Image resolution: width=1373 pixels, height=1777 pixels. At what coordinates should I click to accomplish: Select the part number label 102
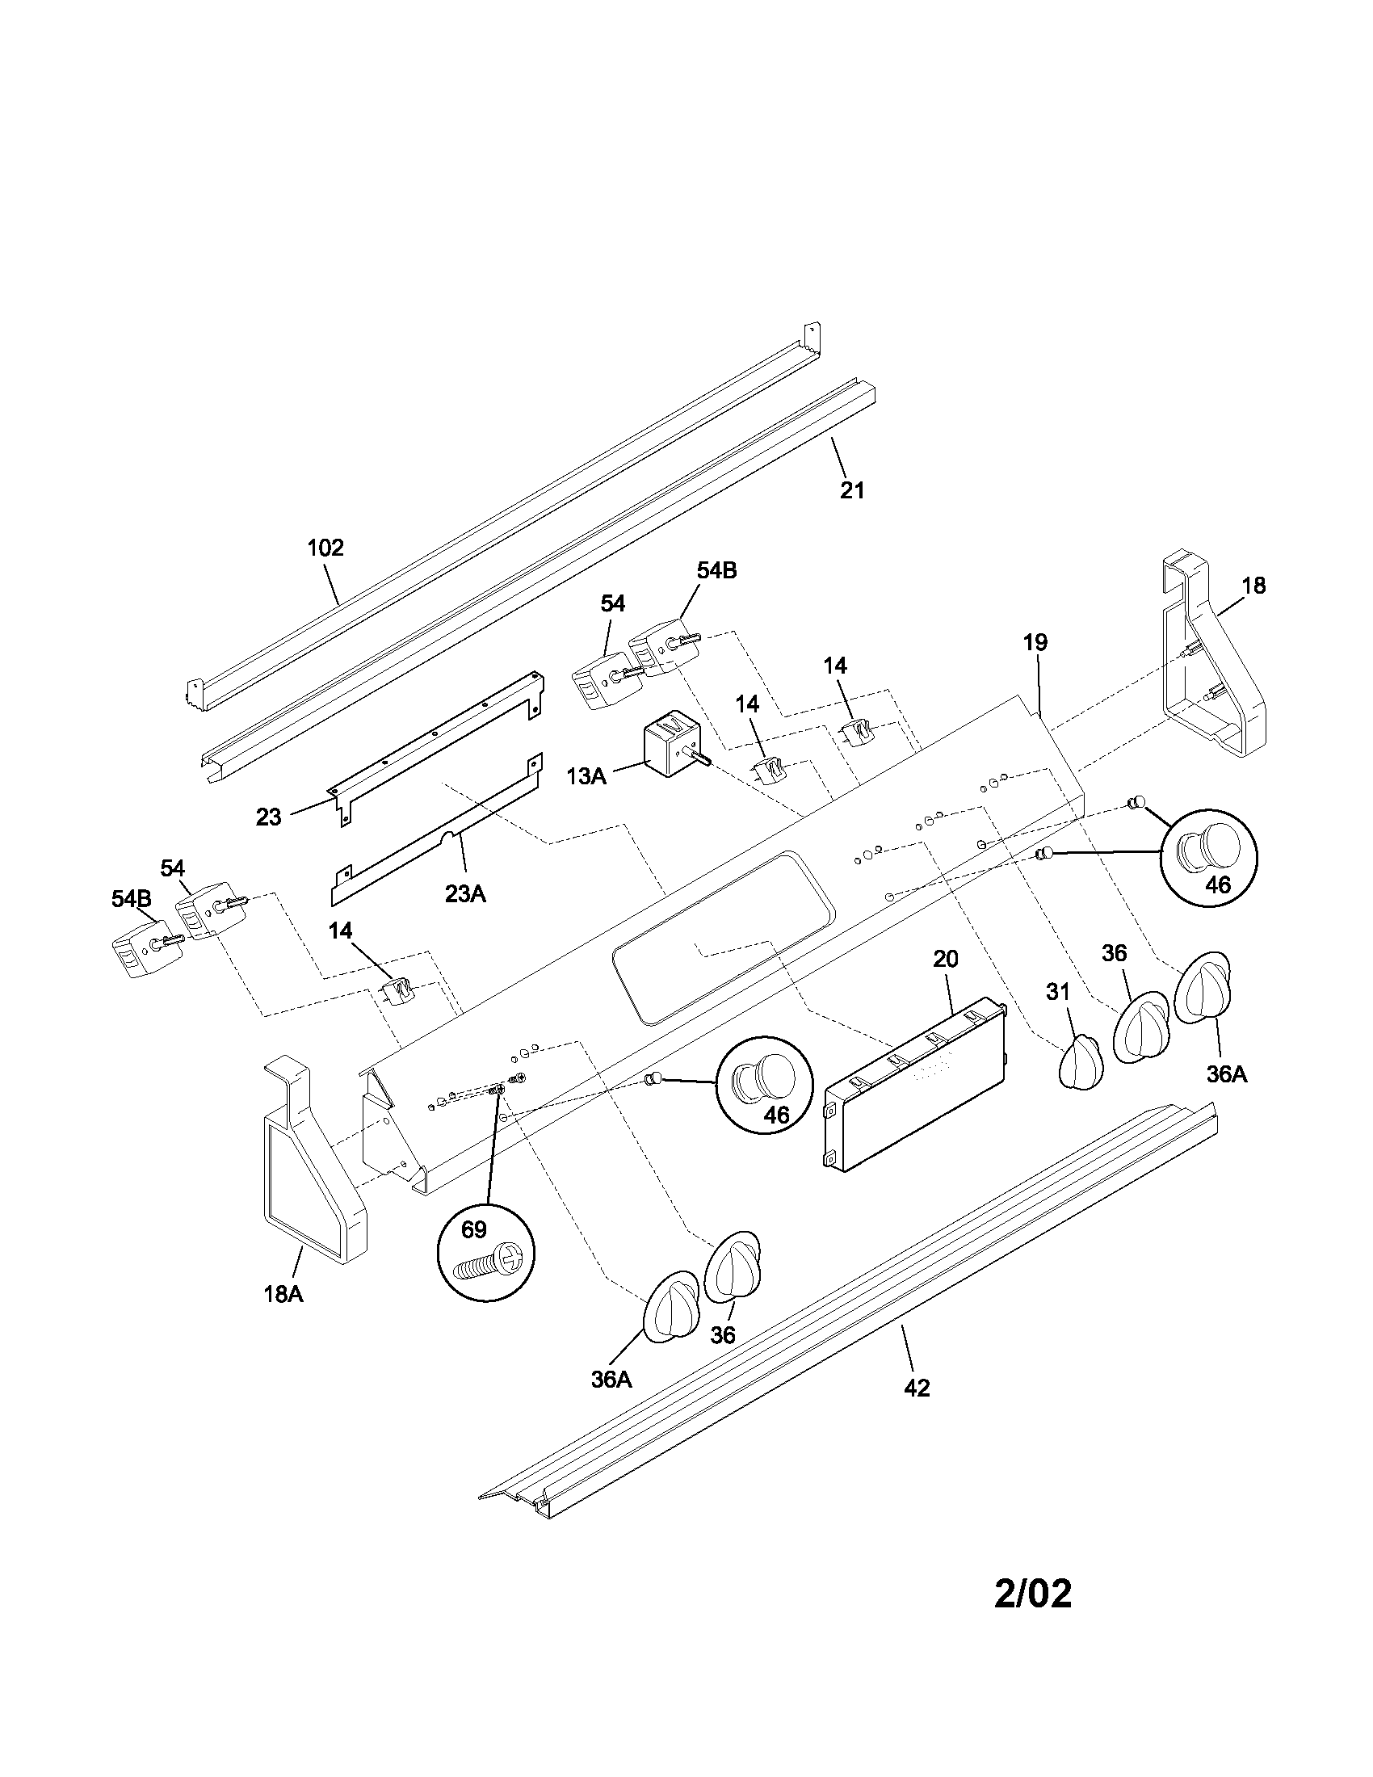tap(325, 548)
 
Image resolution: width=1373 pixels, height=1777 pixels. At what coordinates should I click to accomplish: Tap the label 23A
tap(465, 894)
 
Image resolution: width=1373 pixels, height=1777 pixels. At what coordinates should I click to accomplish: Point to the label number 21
tap(851, 490)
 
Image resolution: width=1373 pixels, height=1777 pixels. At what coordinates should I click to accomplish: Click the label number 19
tap(1035, 642)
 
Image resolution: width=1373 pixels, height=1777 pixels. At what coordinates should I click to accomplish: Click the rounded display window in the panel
tap(722, 934)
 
